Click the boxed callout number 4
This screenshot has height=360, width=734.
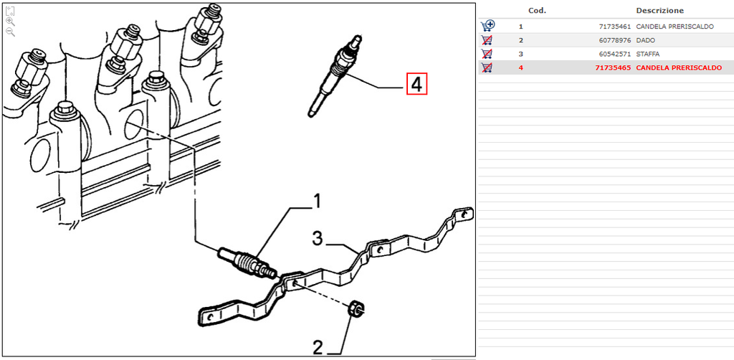pos(416,85)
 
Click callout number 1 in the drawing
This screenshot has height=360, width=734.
pos(316,202)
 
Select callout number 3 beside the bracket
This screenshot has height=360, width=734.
pos(318,239)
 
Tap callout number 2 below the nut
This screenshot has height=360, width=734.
pos(318,348)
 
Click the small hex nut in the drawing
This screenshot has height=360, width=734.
pos(356,309)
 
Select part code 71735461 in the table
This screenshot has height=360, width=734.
pos(614,27)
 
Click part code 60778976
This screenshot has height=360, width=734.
pos(614,40)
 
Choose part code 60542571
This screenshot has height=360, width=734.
pos(614,54)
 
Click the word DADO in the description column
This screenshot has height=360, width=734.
pos(646,40)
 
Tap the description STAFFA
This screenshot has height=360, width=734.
pos(648,54)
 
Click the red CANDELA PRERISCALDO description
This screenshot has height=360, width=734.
pos(679,68)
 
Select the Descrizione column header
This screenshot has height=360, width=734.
pos(659,10)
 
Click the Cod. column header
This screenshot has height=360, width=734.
pos(537,10)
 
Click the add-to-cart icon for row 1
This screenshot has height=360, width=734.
pos(487,26)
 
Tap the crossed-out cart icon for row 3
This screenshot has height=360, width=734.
pos(487,54)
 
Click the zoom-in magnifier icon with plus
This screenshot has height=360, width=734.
pos(10,21)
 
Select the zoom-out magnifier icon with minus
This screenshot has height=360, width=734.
pos(10,32)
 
